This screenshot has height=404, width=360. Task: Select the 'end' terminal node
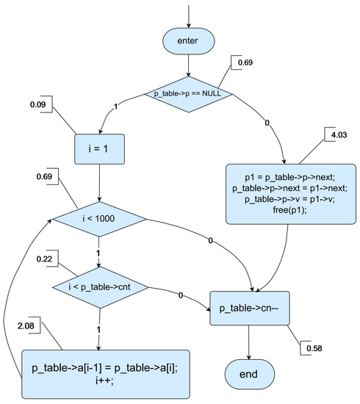coord(250,375)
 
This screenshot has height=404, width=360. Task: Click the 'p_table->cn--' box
coord(250,307)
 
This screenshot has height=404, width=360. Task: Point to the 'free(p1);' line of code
coord(289,209)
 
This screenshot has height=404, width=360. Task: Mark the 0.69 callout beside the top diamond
coord(245,64)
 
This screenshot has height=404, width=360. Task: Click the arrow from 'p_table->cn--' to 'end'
coord(250,339)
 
